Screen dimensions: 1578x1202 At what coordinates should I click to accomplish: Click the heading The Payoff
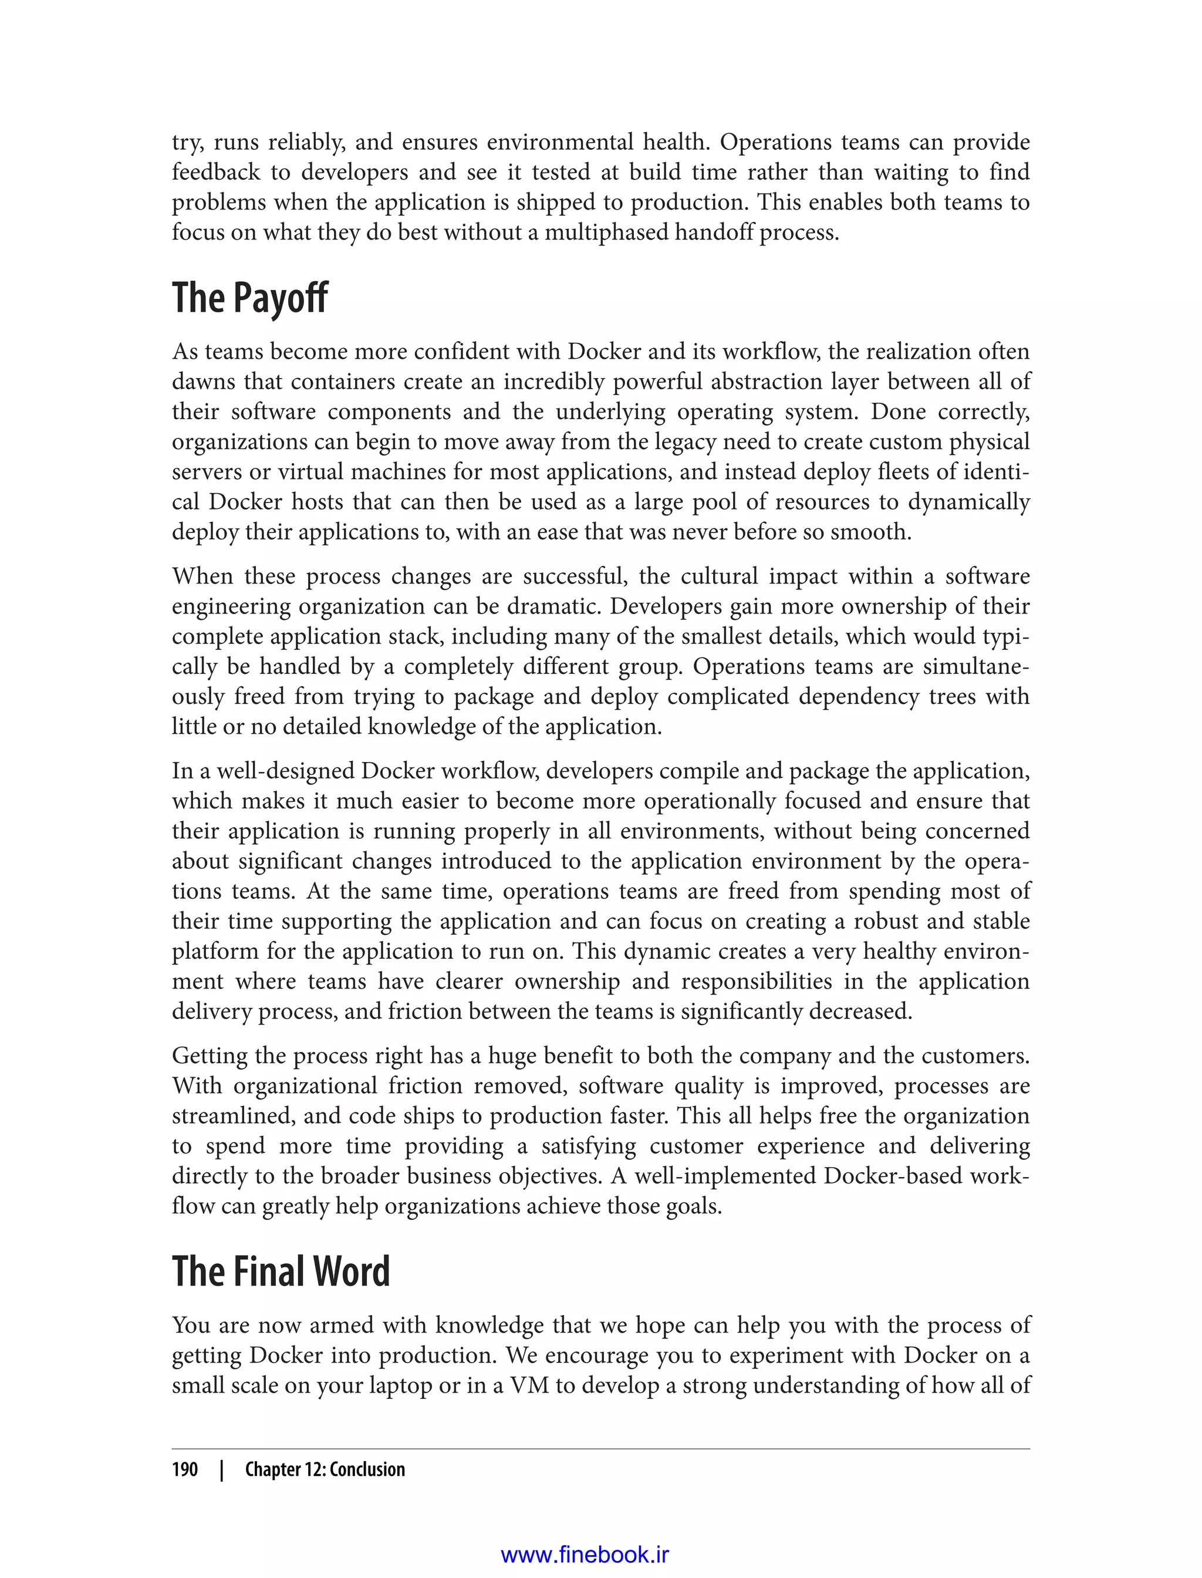tap(249, 298)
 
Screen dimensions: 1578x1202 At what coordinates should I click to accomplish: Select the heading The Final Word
tap(281, 1272)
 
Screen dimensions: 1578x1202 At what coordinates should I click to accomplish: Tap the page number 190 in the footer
tap(185, 1469)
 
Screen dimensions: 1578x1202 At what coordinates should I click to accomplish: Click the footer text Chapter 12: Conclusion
tap(325, 1469)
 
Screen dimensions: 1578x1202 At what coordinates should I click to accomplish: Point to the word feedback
tap(216, 173)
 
